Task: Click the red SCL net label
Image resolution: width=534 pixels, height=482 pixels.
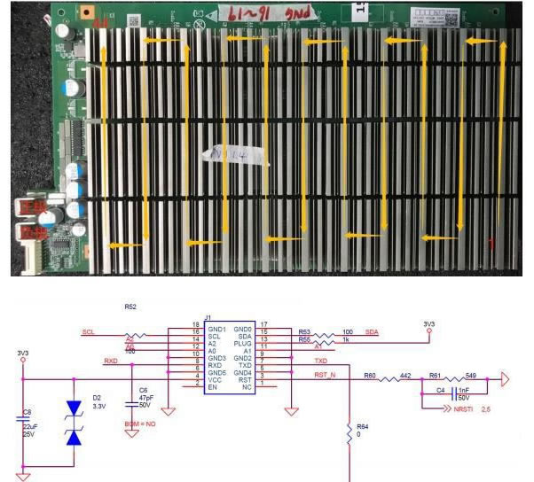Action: (x=88, y=332)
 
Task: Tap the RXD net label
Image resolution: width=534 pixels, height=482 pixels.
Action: (x=111, y=361)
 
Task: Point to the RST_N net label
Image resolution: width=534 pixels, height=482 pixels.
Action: (x=326, y=376)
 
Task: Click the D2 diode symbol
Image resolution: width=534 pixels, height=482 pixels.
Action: (x=74, y=424)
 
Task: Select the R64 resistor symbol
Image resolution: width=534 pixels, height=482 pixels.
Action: (x=349, y=430)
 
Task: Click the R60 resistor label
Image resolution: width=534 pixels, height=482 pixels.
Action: (x=370, y=376)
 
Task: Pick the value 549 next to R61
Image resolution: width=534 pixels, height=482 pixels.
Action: (x=470, y=376)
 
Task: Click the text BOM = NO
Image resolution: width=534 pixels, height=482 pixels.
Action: (x=139, y=424)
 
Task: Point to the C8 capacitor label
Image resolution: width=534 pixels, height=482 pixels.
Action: (x=27, y=412)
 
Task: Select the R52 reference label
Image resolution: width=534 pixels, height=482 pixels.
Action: (x=131, y=307)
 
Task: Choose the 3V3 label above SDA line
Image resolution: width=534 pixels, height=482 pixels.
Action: (x=429, y=323)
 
